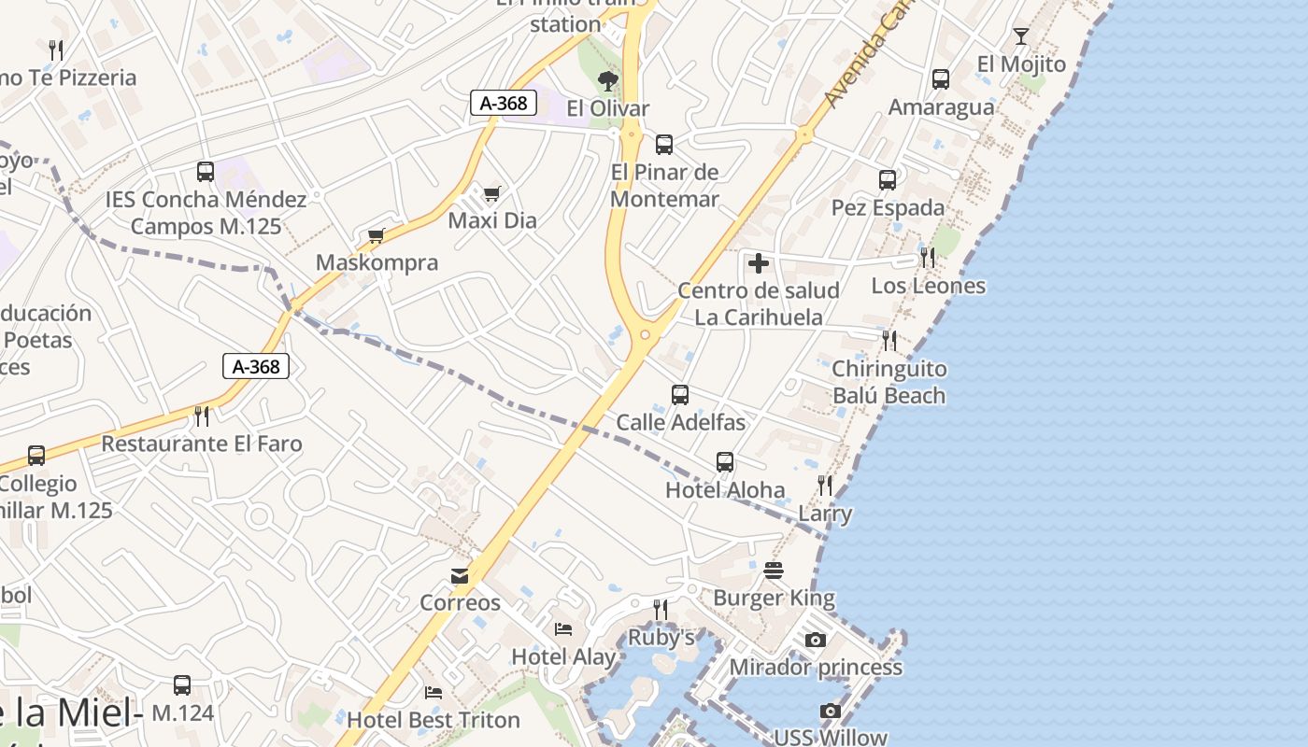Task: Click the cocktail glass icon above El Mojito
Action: click(x=1020, y=36)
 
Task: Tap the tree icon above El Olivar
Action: click(x=608, y=81)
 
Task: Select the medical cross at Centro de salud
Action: click(x=759, y=263)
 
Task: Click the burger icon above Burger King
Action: click(x=774, y=570)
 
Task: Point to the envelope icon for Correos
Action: click(x=460, y=576)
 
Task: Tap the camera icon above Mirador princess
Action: click(x=816, y=640)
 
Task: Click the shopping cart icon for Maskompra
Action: click(x=377, y=235)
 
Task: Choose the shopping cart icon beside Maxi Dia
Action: click(x=492, y=193)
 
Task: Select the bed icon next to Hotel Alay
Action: click(x=562, y=629)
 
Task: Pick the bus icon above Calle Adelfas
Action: click(x=680, y=395)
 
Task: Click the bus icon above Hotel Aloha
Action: click(x=725, y=462)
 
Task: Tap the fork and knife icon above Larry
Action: click(x=825, y=485)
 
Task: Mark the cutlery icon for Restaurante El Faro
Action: click(x=201, y=416)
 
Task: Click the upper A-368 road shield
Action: click(x=504, y=103)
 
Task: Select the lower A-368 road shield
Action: click(x=256, y=366)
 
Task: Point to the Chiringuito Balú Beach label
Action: click(x=889, y=382)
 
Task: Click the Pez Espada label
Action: click(x=888, y=207)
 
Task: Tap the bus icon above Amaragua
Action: click(x=941, y=79)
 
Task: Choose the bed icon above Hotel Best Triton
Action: click(x=434, y=693)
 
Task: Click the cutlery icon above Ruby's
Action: click(x=661, y=610)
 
